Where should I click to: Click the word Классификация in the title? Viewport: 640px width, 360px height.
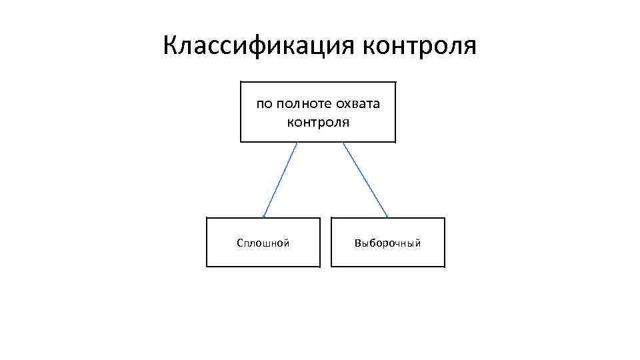(x=258, y=46)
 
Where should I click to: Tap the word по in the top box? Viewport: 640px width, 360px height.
(x=265, y=104)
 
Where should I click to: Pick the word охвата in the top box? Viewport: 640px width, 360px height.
(x=358, y=104)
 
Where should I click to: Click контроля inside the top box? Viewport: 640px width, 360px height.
(x=318, y=123)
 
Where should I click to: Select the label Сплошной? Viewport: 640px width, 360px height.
(x=263, y=243)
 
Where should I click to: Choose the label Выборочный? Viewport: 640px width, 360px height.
(x=388, y=243)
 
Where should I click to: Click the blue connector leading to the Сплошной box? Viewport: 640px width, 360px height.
(x=280, y=180)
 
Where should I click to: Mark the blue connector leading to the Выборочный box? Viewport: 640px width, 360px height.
(x=365, y=180)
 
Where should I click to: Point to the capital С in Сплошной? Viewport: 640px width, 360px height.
(x=240, y=243)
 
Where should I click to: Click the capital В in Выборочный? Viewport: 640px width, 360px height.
(x=358, y=243)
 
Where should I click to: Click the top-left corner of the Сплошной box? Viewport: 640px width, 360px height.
(x=207, y=218)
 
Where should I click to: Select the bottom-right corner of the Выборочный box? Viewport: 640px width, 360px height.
(x=444, y=267)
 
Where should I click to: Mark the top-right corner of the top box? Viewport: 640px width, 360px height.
(x=395, y=82)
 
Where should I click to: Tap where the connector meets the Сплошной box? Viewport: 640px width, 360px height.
(x=264, y=217)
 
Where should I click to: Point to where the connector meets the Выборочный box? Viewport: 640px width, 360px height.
(x=387, y=217)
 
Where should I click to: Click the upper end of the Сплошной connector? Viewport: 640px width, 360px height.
(x=297, y=143)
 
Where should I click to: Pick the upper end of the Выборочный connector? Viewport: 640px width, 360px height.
(x=343, y=143)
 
